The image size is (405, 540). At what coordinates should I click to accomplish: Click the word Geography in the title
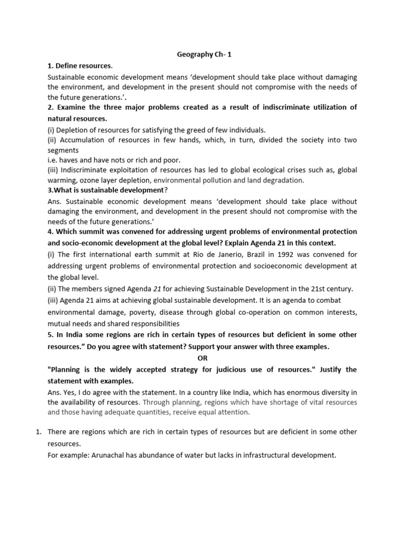(191, 54)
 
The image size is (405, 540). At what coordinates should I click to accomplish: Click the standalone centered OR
(202, 358)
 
